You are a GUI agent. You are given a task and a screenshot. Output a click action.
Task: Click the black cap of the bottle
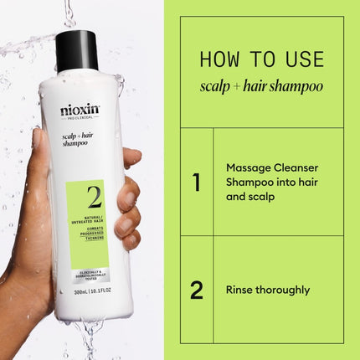[77, 50]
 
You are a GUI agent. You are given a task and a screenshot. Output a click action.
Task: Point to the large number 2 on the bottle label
[93, 198]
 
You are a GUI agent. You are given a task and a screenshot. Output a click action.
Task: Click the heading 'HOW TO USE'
[261, 59]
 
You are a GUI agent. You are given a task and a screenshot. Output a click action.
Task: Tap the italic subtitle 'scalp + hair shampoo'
[261, 86]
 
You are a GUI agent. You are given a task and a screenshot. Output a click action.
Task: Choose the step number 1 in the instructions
[197, 182]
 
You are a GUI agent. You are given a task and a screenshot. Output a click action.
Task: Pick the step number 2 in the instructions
[197, 290]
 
